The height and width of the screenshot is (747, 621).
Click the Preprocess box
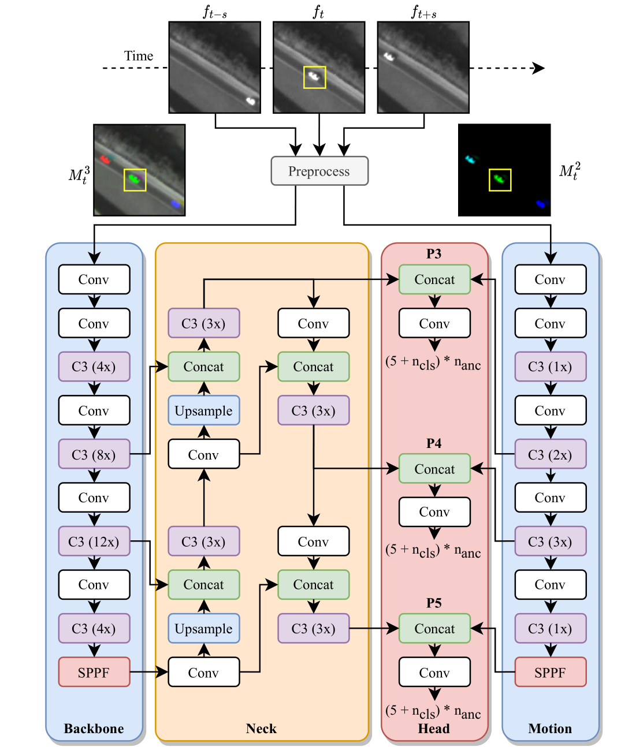(x=319, y=171)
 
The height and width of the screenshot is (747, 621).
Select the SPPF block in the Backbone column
(x=94, y=672)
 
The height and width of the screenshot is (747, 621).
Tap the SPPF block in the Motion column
(x=550, y=672)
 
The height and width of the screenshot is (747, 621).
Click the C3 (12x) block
(x=94, y=541)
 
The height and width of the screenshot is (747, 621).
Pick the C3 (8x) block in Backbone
(x=94, y=454)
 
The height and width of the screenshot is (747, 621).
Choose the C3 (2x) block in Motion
(x=550, y=454)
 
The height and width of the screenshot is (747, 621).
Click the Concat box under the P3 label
(x=434, y=279)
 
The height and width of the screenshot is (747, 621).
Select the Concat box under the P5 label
(x=434, y=629)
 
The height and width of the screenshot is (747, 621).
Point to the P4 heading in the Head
(x=434, y=443)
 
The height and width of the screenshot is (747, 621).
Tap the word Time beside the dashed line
(x=139, y=56)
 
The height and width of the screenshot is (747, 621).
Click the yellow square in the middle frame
(x=315, y=77)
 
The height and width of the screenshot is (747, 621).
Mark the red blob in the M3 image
(x=105, y=159)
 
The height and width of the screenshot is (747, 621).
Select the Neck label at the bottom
(x=261, y=729)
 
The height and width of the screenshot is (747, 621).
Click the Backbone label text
(x=94, y=729)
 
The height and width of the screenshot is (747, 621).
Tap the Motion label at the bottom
(x=550, y=729)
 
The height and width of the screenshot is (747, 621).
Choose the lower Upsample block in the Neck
(x=204, y=629)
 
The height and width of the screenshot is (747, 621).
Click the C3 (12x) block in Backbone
(x=94, y=541)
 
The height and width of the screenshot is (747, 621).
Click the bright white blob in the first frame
(x=251, y=101)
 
